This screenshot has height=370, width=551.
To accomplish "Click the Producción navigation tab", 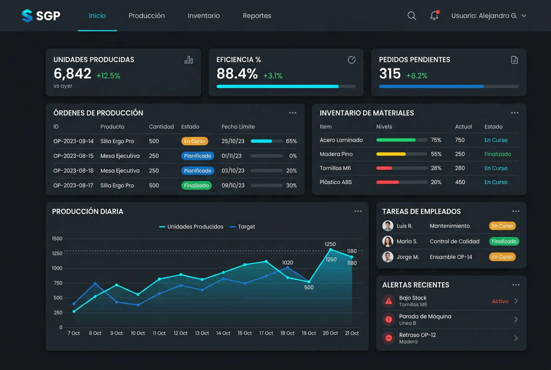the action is tap(146, 16).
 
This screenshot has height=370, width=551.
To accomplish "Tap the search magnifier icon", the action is tap(412, 16).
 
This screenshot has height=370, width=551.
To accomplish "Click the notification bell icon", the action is tap(435, 15).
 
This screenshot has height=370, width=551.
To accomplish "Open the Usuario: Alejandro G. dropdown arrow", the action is tap(524, 16).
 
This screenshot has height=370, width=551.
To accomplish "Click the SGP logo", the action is tap(41, 16).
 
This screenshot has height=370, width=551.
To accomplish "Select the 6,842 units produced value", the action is tap(72, 74).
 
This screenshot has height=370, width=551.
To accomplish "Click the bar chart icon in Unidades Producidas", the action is tap(189, 60).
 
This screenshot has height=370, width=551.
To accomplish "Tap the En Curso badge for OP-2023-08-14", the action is tap(194, 141).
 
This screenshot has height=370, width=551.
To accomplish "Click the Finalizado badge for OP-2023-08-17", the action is tap(196, 185).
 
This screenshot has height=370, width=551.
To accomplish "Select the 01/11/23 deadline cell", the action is tap(231, 156).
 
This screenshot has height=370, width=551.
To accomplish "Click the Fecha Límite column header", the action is tap(238, 127).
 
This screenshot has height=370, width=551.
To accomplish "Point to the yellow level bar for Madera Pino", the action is tap(391, 154).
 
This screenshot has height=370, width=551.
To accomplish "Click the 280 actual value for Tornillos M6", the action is tap(460, 168).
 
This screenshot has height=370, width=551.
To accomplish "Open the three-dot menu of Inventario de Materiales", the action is tap(514, 113).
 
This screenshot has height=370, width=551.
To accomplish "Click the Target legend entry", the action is tap(242, 226).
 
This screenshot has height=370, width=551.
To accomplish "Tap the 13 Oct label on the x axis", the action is tap(202, 333).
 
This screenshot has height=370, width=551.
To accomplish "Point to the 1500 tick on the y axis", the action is tap(57, 239).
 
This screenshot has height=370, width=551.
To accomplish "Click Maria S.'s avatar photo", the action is tap(388, 241).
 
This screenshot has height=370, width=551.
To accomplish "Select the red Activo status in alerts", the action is tap(500, 301).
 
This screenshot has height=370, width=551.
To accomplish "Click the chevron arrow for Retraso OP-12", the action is tap(516, 338).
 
